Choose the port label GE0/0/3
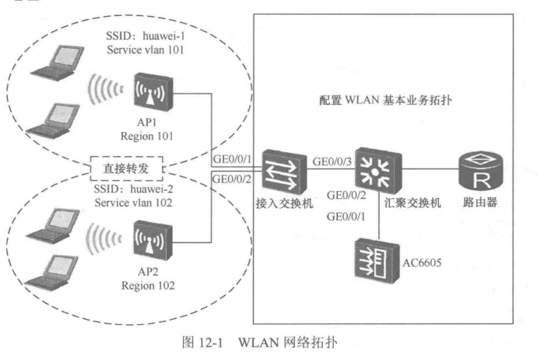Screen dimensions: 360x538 [332, 160]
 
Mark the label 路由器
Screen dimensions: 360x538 [481, 203]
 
